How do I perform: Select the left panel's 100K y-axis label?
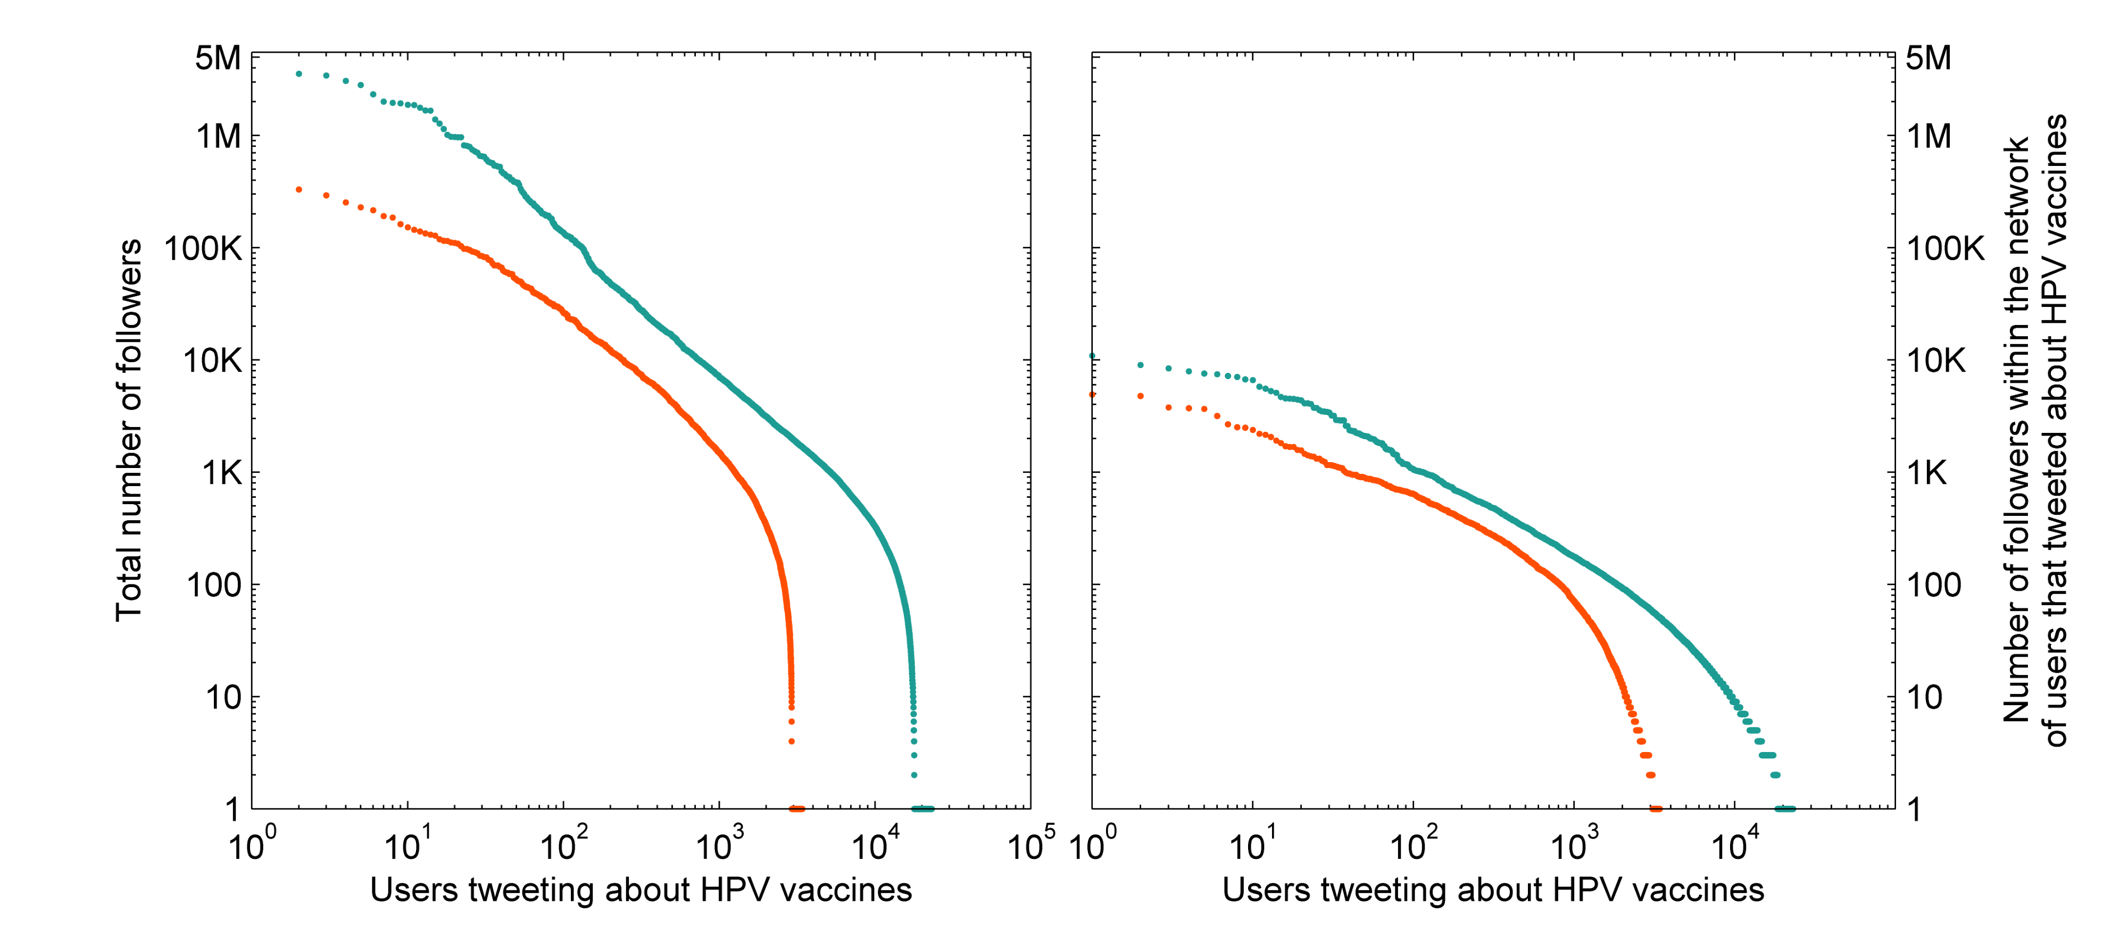203,248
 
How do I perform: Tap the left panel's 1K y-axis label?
221,473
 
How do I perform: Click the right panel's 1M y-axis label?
1929,136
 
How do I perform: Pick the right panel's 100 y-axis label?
1933,586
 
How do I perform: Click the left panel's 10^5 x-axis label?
1030,845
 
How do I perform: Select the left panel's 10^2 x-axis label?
563,845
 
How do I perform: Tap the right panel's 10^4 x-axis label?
1734,845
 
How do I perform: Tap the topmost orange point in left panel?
299,190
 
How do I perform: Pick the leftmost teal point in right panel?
1092,356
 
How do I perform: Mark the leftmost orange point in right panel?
1092,395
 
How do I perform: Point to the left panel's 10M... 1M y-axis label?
219,136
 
